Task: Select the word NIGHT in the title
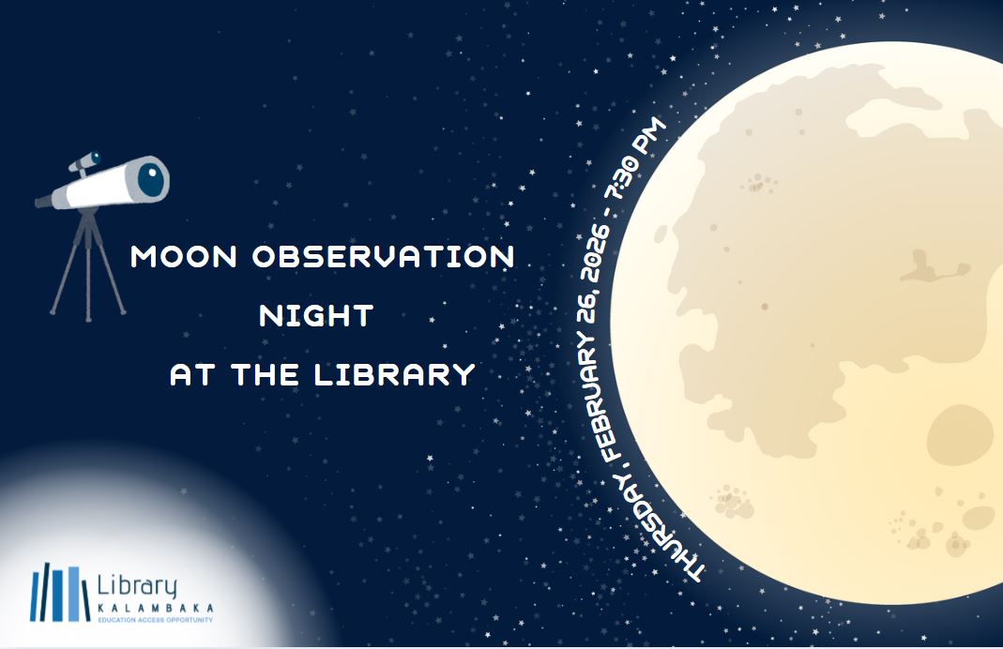[316, 316]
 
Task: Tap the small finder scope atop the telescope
[84, 162]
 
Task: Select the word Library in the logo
[137, 585]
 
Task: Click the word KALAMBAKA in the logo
[155, 608]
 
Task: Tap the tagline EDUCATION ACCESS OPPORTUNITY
[155, 620]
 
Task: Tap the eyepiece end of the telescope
[42, 200]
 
